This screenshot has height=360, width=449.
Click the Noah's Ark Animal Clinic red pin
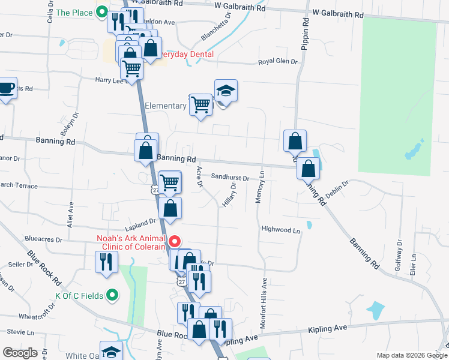pos(175,242)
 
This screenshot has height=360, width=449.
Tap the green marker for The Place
pos(101,11)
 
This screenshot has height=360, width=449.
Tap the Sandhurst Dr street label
pos(230,178)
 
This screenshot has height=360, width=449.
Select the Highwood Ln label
pos(280,230)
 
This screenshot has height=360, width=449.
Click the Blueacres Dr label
pos(43,239)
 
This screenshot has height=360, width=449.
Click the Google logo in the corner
pos(20,353)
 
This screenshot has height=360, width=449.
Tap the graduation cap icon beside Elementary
pos(226,91)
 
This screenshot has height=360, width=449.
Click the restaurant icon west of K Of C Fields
pos(107,262)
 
